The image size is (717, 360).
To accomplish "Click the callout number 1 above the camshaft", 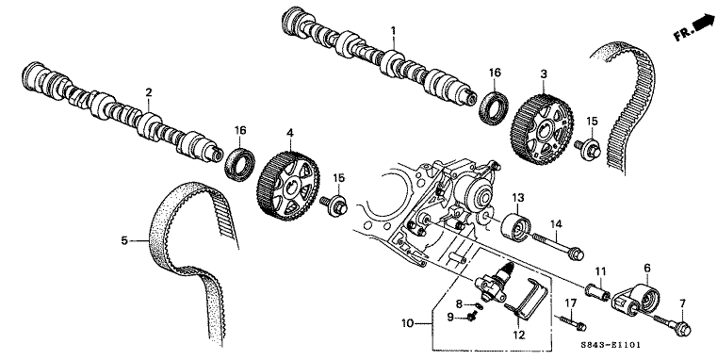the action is pos(393,31).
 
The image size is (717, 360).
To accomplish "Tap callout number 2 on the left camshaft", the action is pos(149,92).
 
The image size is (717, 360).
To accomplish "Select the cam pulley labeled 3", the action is pos(542,128).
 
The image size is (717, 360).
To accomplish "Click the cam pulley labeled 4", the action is pos(289,187).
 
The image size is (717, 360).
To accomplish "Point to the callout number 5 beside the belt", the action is pos(124,240).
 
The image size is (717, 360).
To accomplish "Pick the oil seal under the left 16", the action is pos(239,164).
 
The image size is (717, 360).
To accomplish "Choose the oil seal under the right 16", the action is pos(494,108).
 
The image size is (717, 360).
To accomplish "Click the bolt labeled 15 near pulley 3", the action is pos(587,149).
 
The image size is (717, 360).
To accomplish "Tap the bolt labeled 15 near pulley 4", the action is pos(334,205).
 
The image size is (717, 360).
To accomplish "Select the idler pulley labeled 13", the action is pos(516,226).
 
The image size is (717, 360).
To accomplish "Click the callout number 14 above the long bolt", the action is pos(556,224).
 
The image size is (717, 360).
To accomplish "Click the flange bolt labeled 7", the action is pos(672,323).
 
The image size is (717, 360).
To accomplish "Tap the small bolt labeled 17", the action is pos(571,322).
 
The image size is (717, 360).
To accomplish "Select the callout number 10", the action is pos(407,323).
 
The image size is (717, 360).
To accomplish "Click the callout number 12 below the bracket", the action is pos(519,335).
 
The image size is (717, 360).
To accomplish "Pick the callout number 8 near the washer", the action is pos(460,303).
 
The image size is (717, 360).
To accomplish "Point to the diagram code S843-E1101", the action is pos(611,345).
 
